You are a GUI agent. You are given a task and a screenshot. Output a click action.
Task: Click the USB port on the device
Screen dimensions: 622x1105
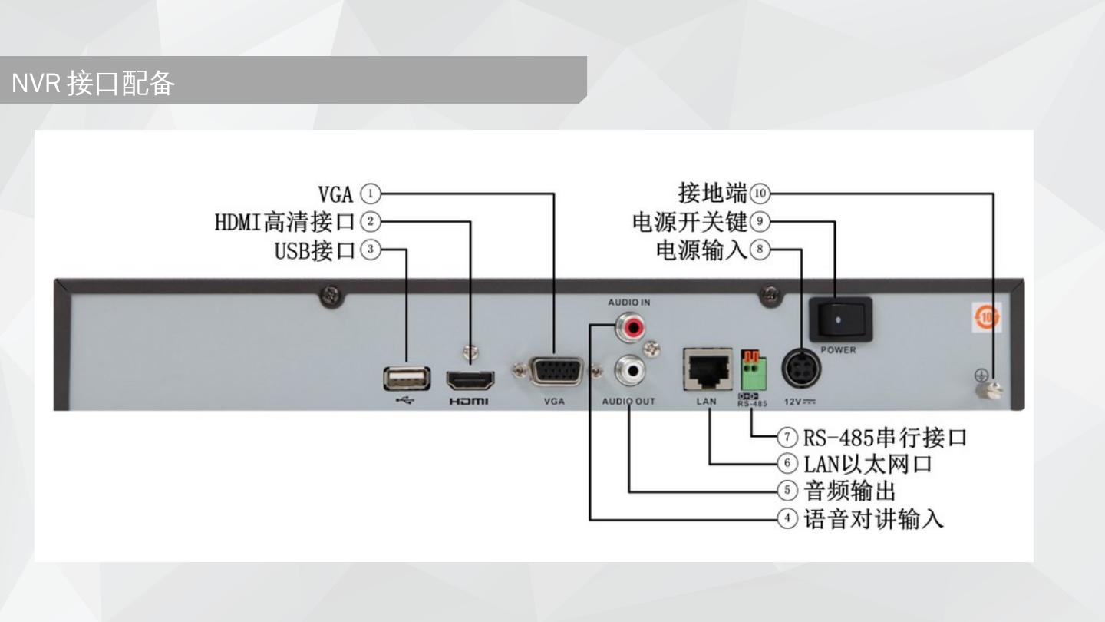point(406,379)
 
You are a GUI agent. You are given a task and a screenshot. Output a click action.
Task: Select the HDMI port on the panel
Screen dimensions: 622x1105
point(470,380)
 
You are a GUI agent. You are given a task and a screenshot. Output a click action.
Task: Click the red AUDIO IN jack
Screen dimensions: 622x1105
point(633,329)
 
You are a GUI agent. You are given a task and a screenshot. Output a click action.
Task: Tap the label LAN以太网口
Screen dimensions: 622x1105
point(868,464)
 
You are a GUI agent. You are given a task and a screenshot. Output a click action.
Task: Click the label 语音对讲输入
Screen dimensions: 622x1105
point(873,519)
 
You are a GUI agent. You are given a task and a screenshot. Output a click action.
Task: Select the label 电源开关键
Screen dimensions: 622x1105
point(689,222)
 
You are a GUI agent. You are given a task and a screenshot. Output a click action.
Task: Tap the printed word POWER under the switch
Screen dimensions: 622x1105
point(838,350)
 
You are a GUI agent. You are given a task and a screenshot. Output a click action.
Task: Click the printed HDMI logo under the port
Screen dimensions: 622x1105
point(468,401)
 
